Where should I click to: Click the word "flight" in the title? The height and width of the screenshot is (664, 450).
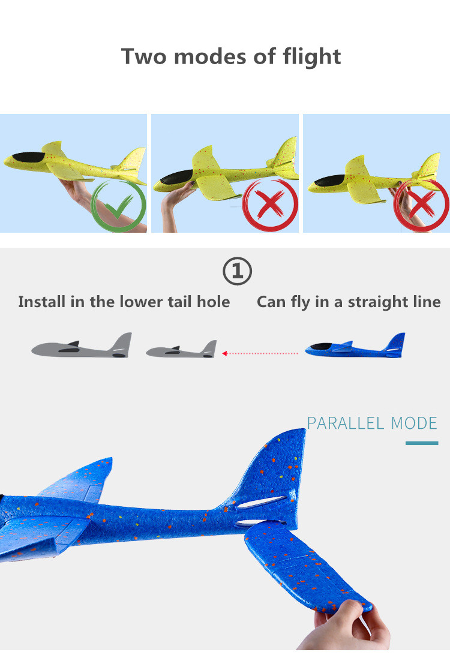click(311, 57)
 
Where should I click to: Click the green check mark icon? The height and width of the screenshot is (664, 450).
click(119, 206)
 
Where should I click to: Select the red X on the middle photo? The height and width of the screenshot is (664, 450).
click(271, 205)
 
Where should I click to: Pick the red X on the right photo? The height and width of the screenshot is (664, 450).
click(421, 205)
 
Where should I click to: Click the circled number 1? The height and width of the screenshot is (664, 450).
click(237, 271)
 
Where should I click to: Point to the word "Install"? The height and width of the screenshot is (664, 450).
click(41, 302)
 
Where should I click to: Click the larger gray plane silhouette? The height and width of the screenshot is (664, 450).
click(82, 346)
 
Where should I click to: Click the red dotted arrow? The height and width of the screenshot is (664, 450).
click(260, 353)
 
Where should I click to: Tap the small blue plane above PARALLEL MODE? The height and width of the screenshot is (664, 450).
click(356, 345)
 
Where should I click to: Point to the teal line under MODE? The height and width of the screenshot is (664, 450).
click(422, 443)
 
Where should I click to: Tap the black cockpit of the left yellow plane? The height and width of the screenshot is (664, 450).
click(29, 158)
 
